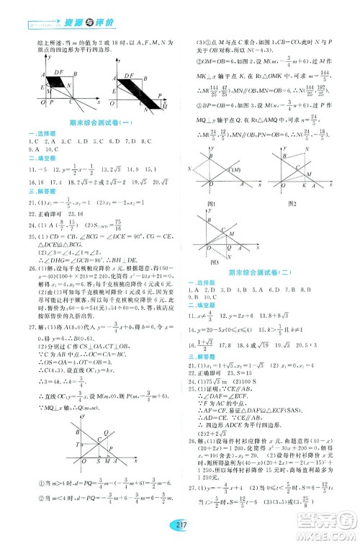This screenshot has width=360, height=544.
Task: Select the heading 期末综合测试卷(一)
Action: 92,124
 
